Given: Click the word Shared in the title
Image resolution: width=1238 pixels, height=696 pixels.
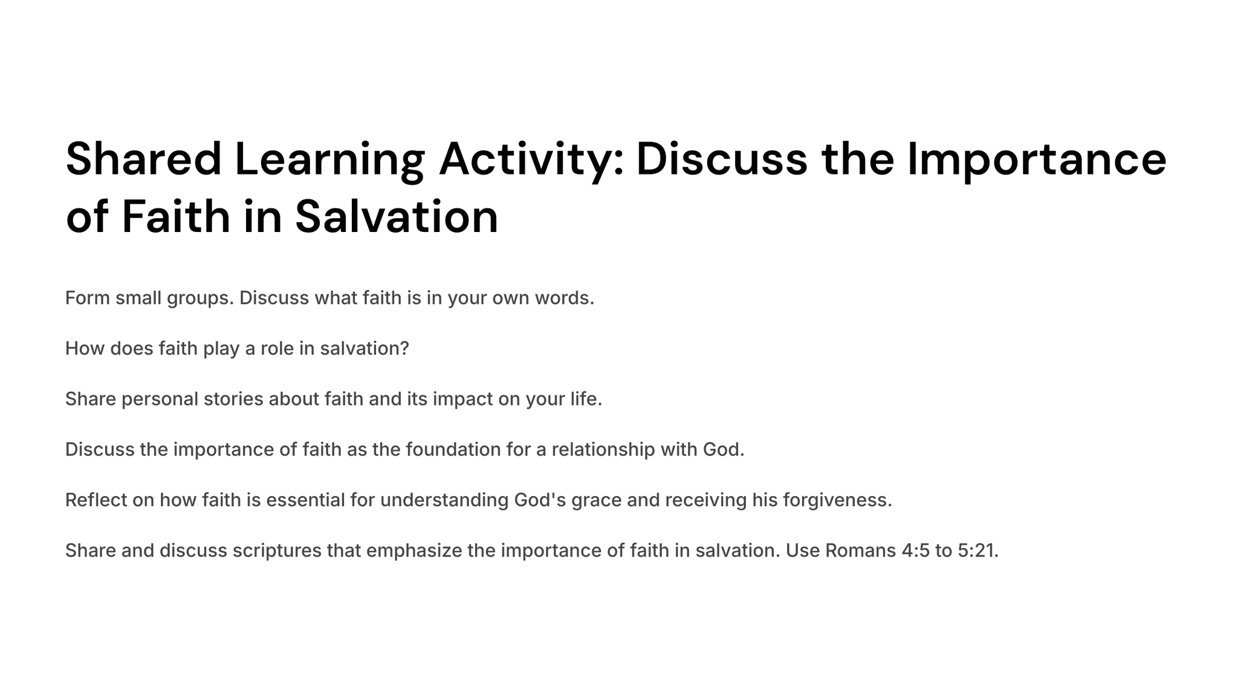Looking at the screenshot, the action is pos(144,159).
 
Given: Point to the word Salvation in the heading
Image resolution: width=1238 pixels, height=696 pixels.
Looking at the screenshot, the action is pos(397,217).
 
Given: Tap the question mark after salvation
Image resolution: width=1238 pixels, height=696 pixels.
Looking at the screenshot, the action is pos(404,349).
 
